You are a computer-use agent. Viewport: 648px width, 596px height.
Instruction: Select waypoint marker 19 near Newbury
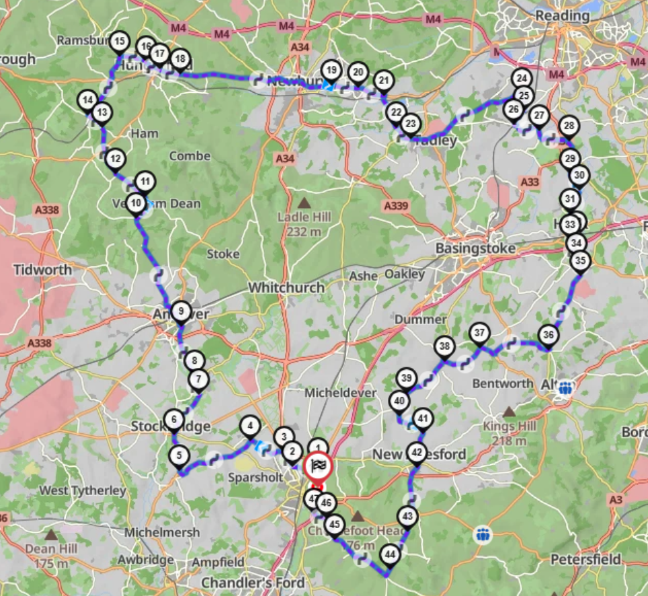click(x=330, y=70)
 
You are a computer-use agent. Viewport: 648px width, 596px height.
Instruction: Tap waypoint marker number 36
click(x=549, y=335)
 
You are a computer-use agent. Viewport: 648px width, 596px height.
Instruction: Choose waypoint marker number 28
click(x=569, y=126)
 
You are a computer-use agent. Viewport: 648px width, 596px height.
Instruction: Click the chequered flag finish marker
click(x=318, y=465)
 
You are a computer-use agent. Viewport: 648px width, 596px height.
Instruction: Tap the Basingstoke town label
click(x=475, y=249)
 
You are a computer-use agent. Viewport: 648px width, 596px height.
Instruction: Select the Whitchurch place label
click(x=286, y=287)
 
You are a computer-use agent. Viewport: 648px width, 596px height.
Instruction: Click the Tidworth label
click(x=42, y=270)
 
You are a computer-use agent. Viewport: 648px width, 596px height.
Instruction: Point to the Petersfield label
click(x=583, y=559)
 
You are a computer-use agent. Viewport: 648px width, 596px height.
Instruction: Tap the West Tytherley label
click(x=82, y=490)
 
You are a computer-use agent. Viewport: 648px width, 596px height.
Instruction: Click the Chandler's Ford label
click(x=253, y=582)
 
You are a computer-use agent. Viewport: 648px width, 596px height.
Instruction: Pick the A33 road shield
click(x=530, y=182)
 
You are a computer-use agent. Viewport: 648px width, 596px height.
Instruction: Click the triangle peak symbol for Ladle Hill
click(x=305, y=202)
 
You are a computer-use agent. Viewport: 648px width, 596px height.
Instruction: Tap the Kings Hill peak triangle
click(x=510, y=410)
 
